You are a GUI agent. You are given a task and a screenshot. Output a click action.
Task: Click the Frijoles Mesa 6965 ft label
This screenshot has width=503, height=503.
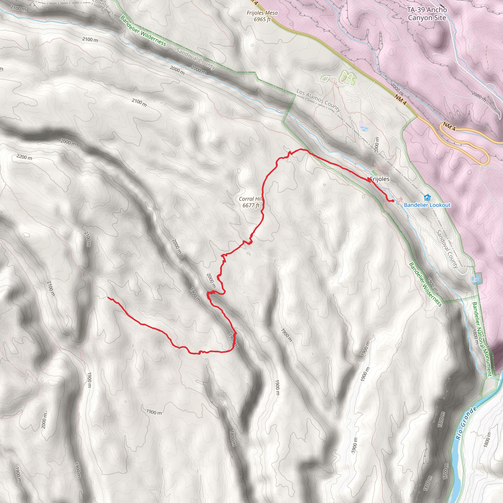262,16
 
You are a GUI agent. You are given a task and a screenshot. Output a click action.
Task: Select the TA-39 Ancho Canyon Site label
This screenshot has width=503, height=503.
427,14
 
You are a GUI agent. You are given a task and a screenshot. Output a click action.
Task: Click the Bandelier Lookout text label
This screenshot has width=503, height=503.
427,205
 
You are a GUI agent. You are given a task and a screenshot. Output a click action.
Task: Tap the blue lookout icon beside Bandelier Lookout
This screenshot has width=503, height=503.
427,198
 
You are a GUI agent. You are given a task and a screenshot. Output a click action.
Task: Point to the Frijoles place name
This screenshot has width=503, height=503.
380,179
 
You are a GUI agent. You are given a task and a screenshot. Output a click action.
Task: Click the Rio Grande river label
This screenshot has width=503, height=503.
466,423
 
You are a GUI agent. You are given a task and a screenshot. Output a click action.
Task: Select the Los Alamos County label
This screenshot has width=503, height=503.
318,100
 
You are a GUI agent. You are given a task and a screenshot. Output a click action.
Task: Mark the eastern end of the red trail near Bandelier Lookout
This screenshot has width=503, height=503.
393,201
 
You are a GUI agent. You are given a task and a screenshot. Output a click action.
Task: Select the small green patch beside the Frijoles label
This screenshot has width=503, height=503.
374,173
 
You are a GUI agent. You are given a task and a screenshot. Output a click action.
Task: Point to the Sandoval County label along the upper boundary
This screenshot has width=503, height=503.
196,59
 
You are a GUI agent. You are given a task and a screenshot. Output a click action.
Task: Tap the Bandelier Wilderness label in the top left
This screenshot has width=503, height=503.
143,31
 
